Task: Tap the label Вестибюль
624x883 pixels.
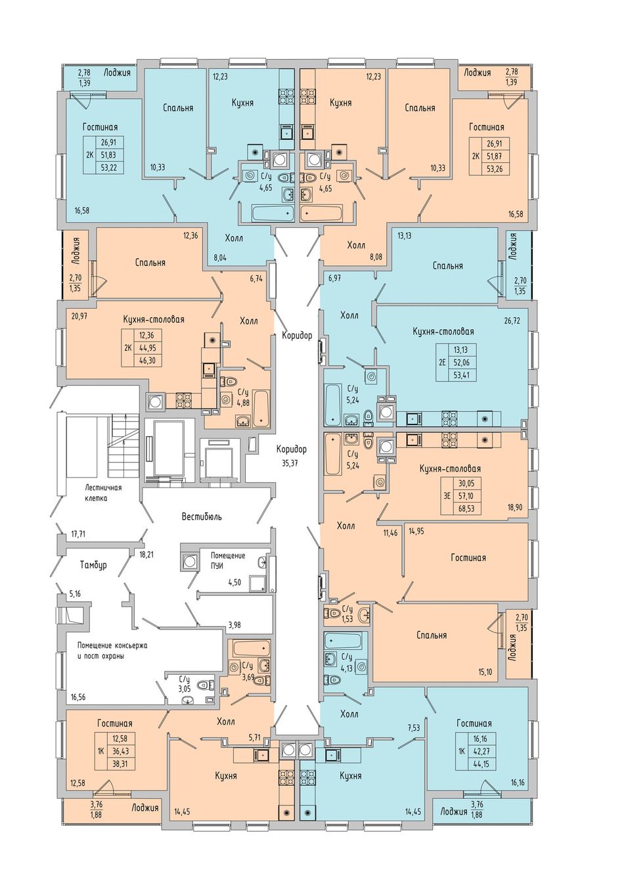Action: [x=202, y=516]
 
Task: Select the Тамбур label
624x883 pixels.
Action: [x=93, y=565]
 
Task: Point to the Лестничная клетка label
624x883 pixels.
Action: [x=103, y=493]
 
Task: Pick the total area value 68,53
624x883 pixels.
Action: [x=467, y=509]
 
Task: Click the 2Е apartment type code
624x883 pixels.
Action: [x=441, y=362]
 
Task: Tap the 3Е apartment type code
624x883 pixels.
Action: [x=447, y=496]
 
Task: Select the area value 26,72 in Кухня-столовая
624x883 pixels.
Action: [x=512, y=321]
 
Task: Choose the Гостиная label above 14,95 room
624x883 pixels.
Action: [x=468, y=557]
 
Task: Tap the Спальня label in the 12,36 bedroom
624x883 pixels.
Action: [x=150, y=263]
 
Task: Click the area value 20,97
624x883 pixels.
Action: [x=80, y=316]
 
